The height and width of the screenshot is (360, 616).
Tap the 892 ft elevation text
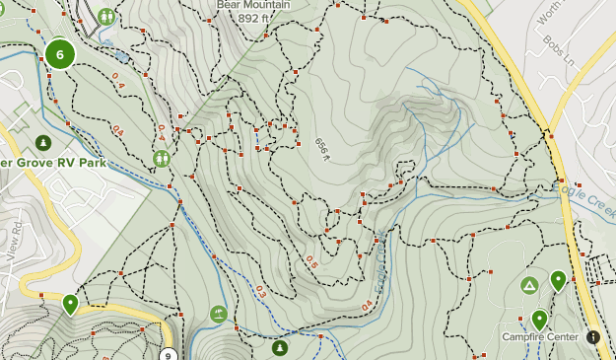[253, 18]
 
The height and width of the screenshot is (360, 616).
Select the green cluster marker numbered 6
[60, 55]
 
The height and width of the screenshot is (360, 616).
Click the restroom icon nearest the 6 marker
[105, 16]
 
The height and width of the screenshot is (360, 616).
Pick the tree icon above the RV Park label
[42, 142]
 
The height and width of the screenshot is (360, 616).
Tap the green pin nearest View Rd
[69, 303]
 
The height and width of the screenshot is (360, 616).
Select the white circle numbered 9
[169, 356]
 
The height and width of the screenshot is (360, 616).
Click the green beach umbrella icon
[218, 315]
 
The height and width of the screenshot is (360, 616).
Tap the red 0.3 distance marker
[261, 291]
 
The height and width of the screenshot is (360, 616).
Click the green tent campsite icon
[528, 286]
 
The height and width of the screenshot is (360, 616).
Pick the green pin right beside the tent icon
[558, 281]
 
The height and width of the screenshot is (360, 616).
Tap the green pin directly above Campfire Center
[539, 319]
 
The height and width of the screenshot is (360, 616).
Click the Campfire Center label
[541, 337]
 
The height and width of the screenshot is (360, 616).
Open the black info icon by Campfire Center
[593, 337]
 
